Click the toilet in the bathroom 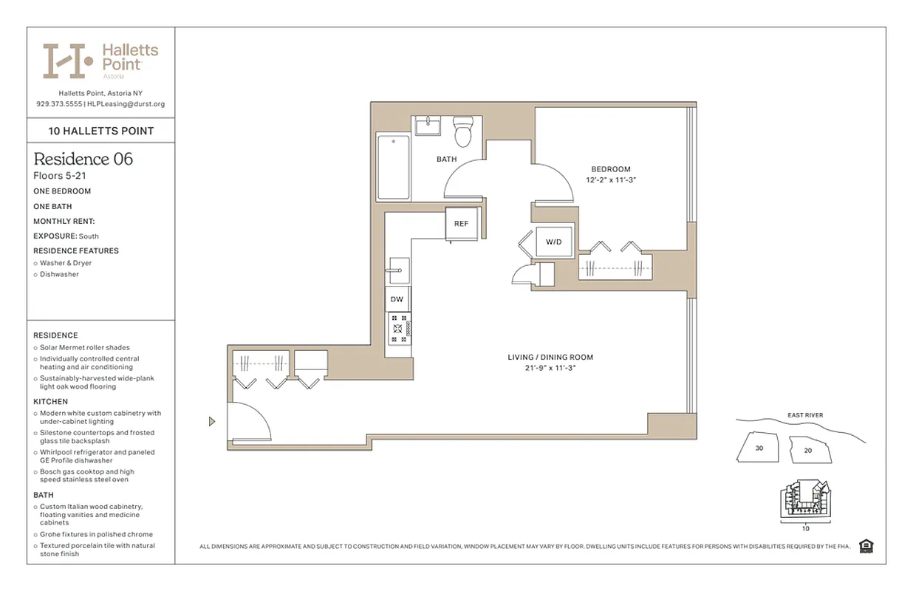coord(463,132)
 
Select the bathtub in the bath coord(392,167)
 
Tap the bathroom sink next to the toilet coord(426,126)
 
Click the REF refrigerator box coord(461,224)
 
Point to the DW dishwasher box coord(397,299)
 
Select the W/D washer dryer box coord(554,242)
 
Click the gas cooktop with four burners coord(399,328)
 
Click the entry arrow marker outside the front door coord(212,422)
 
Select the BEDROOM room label coord(610,169)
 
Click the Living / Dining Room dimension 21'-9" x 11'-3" coord(550,367)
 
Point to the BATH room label coord(446,159)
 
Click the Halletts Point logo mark coord(67,61)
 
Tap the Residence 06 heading coord(83,159)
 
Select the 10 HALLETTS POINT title coord(101,131)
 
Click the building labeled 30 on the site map coord(759,448)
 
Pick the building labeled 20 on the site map coord(807,450)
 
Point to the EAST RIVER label coord(804,415)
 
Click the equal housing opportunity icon coord(866,546)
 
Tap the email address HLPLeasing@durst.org coord(126,104)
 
